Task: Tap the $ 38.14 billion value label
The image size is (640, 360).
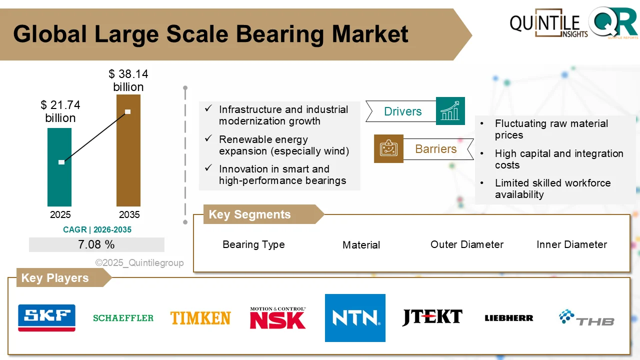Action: click(128, 80)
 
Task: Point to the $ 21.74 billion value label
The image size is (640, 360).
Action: click(60, 111)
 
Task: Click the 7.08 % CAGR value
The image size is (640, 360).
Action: click(96, 244)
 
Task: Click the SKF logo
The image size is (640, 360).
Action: click(46, 318)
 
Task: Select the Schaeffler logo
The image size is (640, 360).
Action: click(123, 318)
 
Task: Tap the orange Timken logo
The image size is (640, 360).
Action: click(200, 318)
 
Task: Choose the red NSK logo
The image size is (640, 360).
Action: click(277, 318)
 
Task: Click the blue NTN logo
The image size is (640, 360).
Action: click(355, 318)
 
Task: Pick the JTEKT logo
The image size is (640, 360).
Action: click(432, 317)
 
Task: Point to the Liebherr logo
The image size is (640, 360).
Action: click(509, 318)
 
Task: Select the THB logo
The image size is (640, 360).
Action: click(586, 318)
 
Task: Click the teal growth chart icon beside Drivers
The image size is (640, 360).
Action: click(450, 111)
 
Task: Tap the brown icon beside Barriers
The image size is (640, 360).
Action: click(388, 148)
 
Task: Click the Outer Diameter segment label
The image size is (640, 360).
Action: click(466, 244)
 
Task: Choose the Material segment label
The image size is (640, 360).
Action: click(361, 245)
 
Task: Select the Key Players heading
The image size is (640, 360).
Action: click(55, 278)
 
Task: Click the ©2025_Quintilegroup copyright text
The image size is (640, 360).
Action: click(139, 262)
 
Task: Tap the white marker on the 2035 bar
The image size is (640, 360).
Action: click(128, 111)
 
